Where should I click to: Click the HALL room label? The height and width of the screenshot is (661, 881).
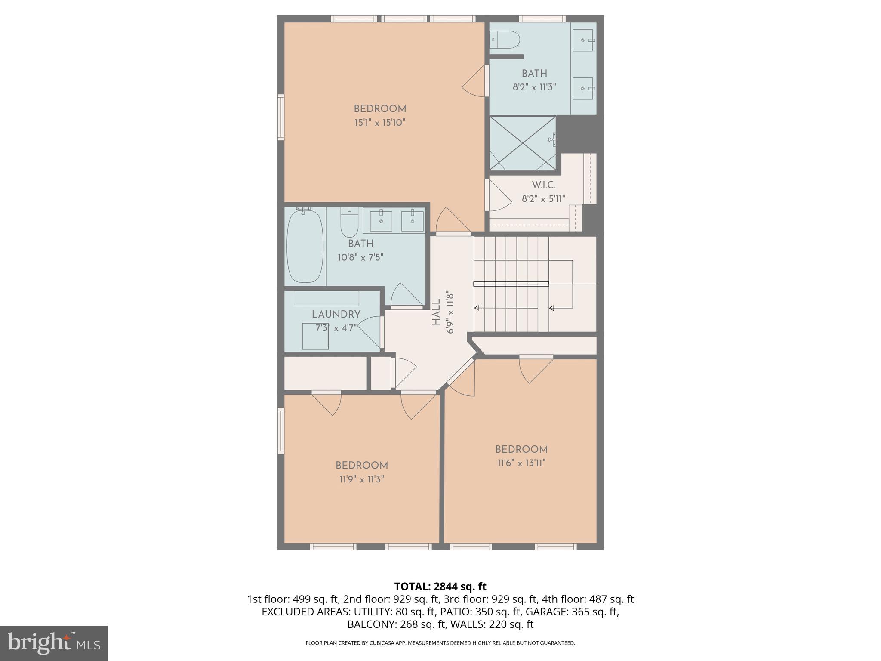(436, 312)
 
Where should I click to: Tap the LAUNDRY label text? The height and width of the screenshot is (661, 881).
(336, 314)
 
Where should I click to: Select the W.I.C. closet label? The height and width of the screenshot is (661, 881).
(544, 185)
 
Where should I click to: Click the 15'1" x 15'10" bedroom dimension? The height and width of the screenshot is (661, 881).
(380, 123)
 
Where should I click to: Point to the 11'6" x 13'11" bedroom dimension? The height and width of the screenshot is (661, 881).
(521, 463)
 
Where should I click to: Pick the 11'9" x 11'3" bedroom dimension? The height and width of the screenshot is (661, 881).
(362, 479)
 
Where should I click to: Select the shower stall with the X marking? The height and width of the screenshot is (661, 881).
(523, 143)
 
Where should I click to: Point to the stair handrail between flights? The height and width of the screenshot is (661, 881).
(511, 284)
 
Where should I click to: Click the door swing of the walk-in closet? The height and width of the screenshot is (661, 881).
(498, 196)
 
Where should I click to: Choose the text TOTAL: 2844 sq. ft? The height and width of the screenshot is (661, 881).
(440, 587)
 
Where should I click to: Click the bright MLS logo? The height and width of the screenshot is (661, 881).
(54, 643)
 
